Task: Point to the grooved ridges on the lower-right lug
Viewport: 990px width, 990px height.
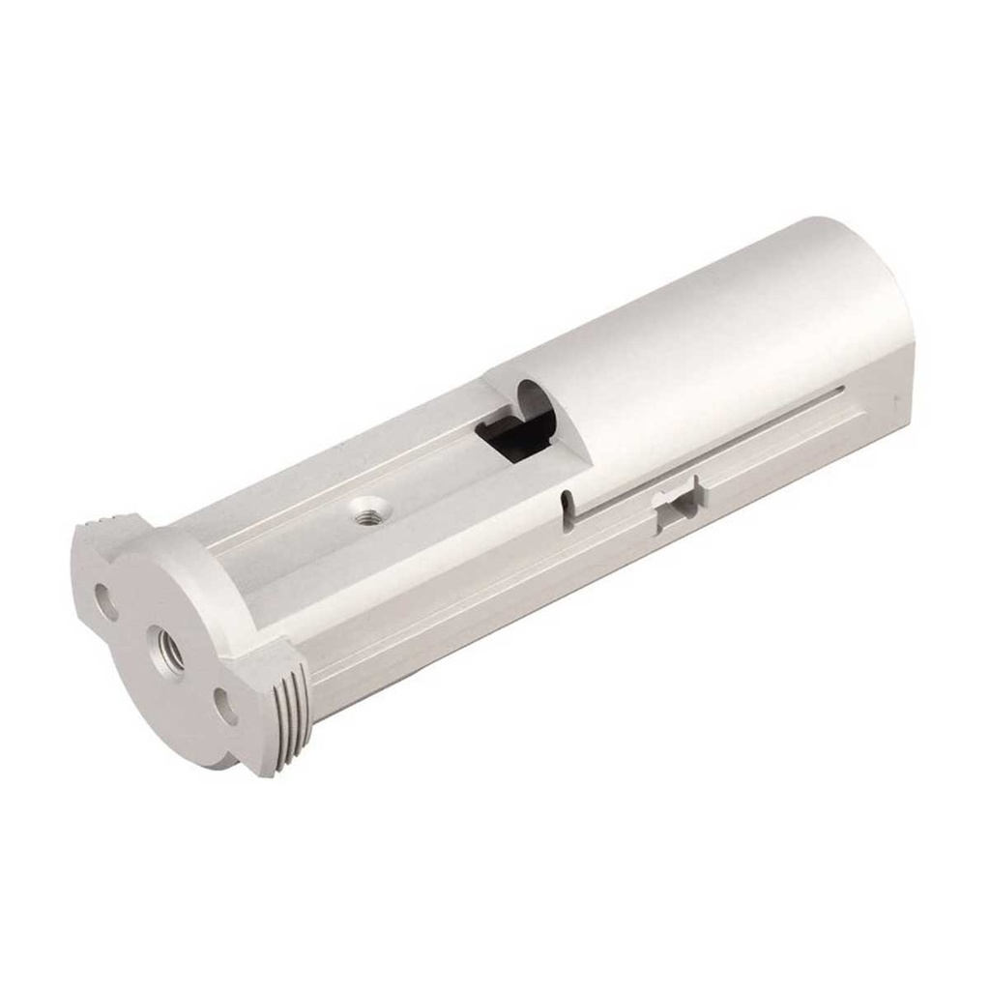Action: (290, 715)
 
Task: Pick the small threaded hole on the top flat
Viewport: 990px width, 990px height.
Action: (366, 510)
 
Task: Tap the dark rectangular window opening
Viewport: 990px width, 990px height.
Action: (512, 432)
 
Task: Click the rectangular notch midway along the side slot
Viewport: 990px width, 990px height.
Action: (680, 503)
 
